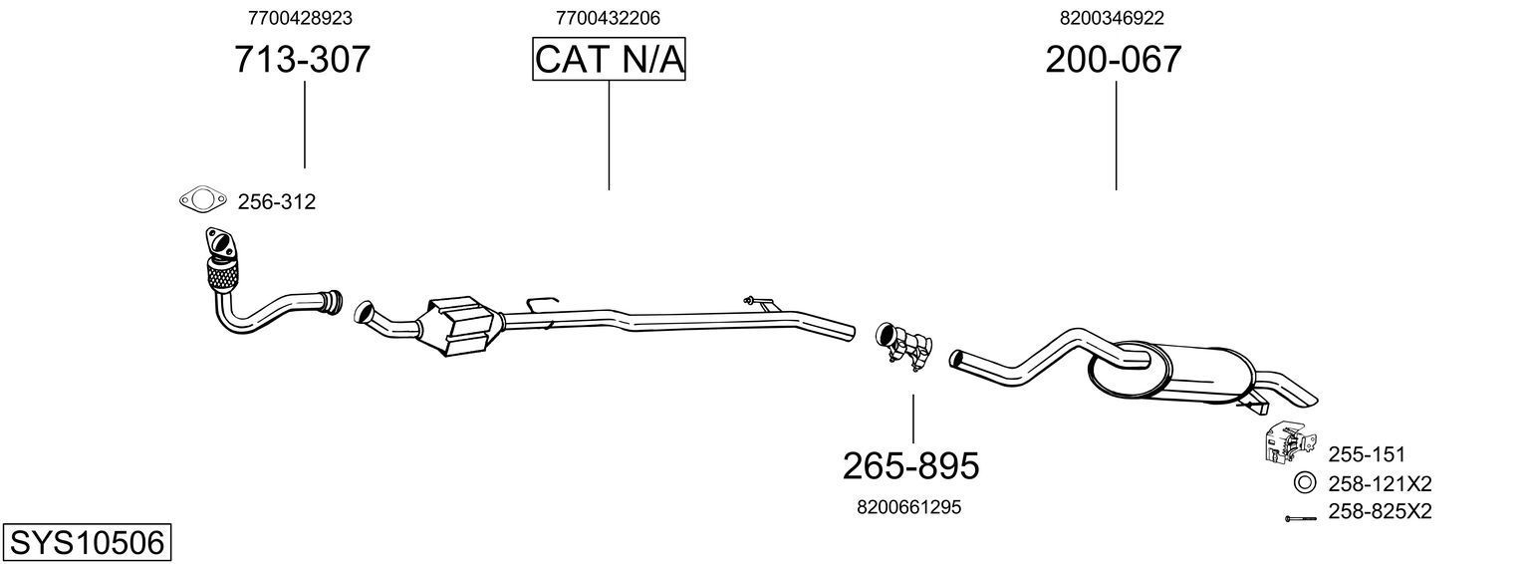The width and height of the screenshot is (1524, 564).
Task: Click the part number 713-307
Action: coord(302,61)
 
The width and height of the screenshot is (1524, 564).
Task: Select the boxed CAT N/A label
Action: coord(609,60)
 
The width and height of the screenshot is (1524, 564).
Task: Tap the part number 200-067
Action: coord(1114,61)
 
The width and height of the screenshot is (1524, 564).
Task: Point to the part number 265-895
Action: coord(911,465)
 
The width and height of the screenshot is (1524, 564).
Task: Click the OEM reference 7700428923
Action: coord(300,18)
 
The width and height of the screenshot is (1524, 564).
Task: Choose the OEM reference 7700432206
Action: coord(608,18)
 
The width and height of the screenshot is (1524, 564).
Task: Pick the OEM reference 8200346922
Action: coord(1113,18)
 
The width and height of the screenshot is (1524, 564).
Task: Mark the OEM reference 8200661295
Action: coord(908,507)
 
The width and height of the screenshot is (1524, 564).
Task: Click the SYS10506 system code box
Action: coord(86,543)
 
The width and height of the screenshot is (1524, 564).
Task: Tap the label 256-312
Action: coord(276,202)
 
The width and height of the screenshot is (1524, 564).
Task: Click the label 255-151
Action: coord(1366,455)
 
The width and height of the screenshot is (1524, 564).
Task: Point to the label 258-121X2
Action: coord(1380,484)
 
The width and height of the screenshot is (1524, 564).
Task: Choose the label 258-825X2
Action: coord(1380,512)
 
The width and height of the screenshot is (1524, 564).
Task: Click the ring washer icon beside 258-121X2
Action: coord(1304,483)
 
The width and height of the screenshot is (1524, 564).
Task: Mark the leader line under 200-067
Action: coord(1116,135)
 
